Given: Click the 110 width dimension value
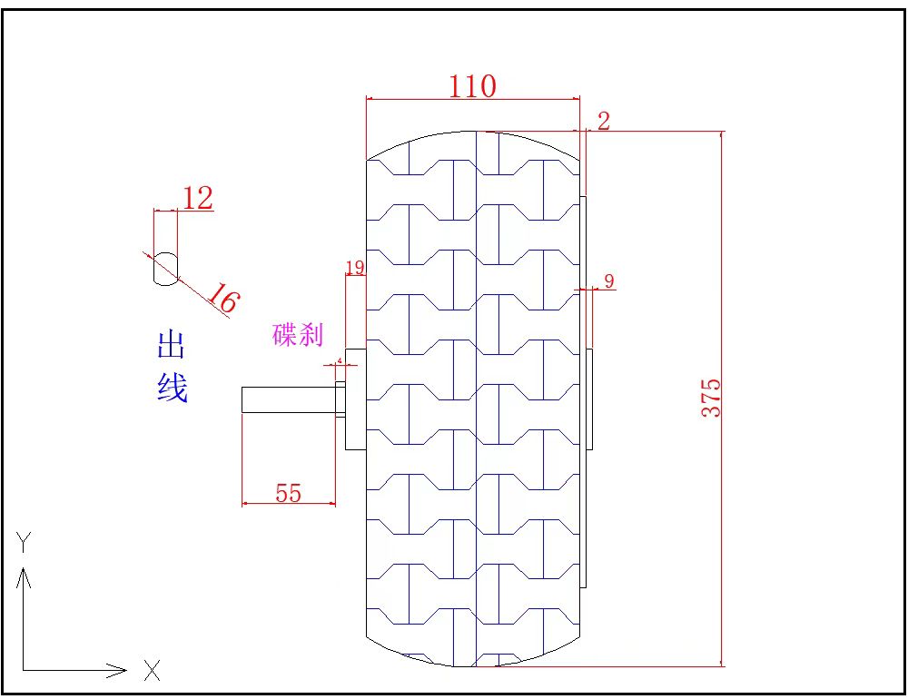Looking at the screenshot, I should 472,86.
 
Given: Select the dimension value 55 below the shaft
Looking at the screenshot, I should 288,493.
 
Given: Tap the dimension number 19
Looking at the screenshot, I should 354,267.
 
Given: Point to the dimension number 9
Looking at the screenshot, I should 609,281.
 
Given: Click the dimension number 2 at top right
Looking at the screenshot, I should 604,121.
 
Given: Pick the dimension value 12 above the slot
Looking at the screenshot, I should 197,198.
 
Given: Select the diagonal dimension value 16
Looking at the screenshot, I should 221,298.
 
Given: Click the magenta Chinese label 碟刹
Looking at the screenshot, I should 298,334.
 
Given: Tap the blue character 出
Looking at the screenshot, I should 172,345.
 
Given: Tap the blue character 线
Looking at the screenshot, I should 172,388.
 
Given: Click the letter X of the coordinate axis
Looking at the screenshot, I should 152,672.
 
